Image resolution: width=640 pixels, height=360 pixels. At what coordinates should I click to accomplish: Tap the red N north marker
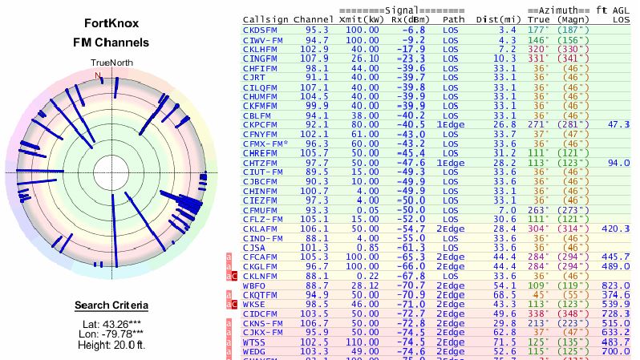coord(99,76)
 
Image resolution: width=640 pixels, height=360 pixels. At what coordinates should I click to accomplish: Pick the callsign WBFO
coord(255,284)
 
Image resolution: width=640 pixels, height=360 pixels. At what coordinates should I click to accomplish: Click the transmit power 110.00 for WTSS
coord(363,342)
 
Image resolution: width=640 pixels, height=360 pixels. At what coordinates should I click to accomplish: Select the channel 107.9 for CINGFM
coord(314,58)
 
